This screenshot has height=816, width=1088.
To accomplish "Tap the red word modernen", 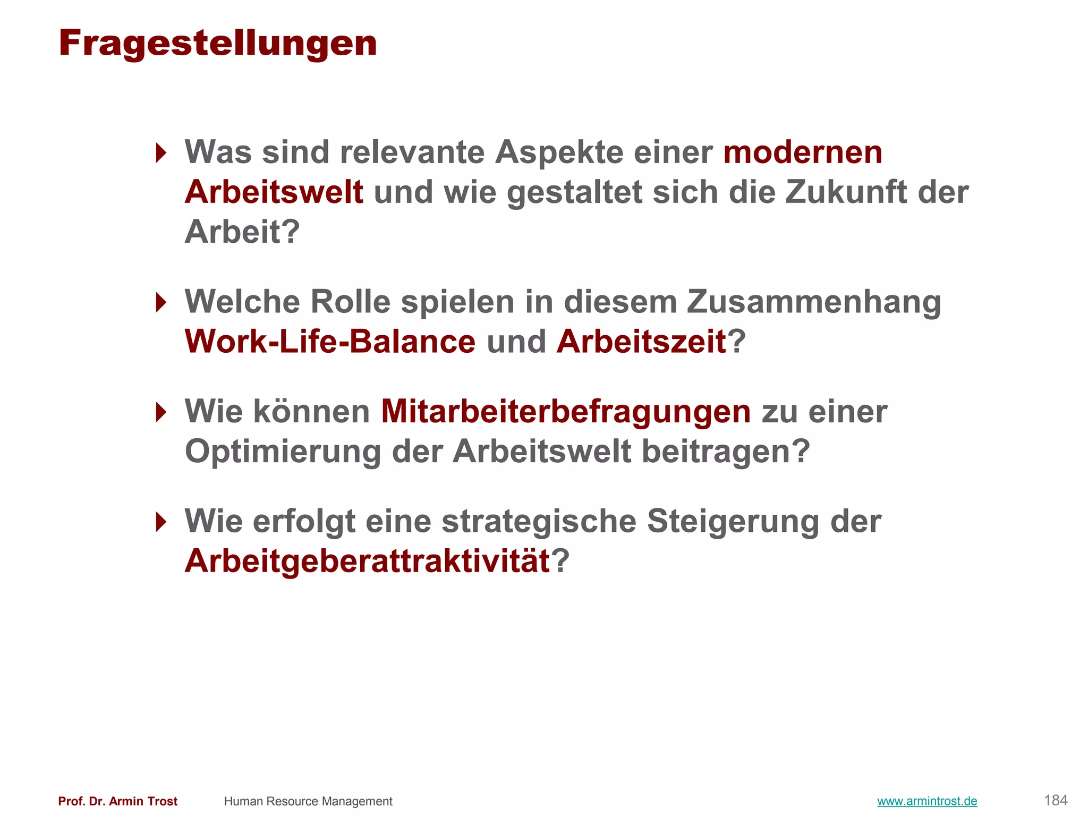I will [803, 152].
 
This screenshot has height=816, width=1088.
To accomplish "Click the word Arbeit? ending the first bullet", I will [242, 232].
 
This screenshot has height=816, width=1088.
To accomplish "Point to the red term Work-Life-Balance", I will [330, 342].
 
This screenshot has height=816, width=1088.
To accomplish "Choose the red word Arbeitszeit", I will [641, 342].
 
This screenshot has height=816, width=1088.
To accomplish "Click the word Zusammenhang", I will [813, 302].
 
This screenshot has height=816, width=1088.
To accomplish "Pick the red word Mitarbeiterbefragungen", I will [566, 412].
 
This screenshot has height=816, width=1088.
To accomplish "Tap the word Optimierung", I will [283, 452].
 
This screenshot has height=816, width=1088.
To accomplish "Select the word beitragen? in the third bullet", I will [726, 452].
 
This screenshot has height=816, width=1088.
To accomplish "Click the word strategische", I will [539, 521].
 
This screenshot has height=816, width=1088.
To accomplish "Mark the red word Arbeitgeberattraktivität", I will [367, 561].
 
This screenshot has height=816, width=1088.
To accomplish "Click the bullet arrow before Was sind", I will [161, 153].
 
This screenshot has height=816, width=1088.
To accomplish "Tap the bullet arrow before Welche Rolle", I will [161, 302].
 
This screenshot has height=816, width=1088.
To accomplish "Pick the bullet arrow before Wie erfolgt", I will [161, 522].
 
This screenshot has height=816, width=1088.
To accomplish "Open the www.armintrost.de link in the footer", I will [927, 801].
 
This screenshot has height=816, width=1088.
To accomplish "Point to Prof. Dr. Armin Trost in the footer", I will [118, 801].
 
